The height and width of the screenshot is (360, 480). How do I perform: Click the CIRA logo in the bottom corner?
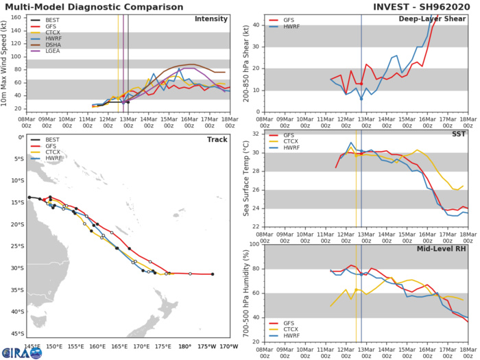(x=22, y=352)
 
